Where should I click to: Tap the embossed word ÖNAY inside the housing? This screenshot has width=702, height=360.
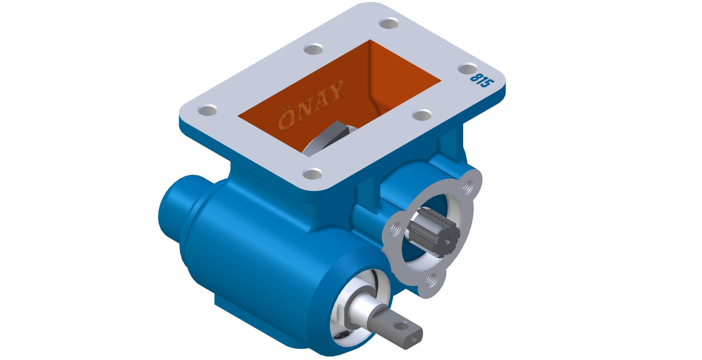pos(311,104)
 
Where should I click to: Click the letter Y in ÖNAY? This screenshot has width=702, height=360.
pos(335,90)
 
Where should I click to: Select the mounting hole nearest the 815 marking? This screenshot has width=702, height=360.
pos(468,69)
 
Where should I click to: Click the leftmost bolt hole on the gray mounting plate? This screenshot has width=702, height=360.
pos(208,110)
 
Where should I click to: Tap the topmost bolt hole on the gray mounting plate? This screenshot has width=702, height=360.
pos(389,23)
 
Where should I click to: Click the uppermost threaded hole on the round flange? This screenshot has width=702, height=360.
pos(468,187)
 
